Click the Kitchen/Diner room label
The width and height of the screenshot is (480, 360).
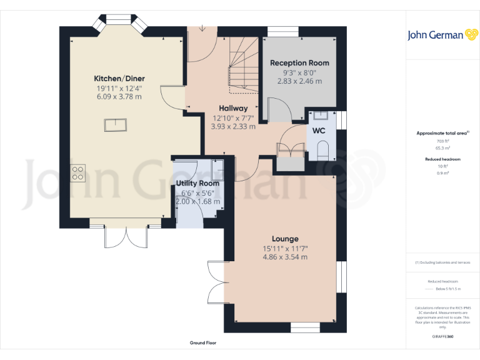[119, 78]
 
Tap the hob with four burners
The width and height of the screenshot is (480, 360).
[78, 172]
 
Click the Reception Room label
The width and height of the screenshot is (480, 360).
[299, 63]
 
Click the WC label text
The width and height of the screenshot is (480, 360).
[319, 131]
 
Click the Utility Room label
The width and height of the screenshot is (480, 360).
[198, 184]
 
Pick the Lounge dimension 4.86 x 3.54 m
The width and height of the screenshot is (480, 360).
[285, 257]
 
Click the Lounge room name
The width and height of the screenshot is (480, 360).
[285, 239]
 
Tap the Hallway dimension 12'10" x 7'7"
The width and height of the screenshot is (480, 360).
[233, 118]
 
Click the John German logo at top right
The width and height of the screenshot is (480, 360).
[444, 35]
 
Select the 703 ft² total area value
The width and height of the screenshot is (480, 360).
[443, 142]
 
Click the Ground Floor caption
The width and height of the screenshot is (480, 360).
[202, 343]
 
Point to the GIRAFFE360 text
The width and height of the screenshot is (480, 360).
[443, 337]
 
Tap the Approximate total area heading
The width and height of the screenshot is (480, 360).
[442, 133]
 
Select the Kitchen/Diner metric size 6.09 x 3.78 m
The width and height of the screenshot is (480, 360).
[119, 97]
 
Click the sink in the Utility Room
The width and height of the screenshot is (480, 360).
[219, 171]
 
